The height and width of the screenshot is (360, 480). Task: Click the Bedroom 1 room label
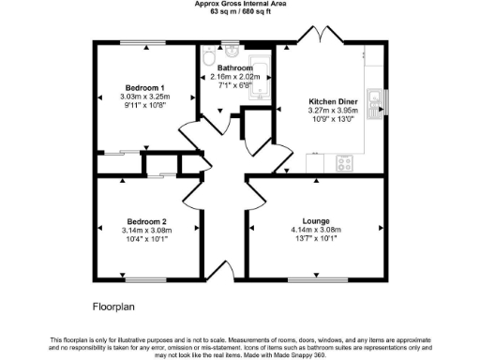pyautogui.click(x=142, y=86)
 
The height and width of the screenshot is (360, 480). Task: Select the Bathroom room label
pyautogui.click(x=234, y=68)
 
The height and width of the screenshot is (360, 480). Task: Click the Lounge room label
pyautogui.click(x=314, y=219)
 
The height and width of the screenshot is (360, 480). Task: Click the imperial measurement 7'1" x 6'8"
pyautogui.click(x=234, y=86)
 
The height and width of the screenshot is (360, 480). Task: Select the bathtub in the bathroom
pyautogui.click(x=261, y=77)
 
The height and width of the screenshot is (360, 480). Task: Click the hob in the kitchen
pyautogui.click(x=344, y=162)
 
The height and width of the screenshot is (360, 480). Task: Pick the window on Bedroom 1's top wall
pyautogui.click(x=142, y=42)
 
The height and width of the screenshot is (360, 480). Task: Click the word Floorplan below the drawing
pyautogui.click(x=116, y=307)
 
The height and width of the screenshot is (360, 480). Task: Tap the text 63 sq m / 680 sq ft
pyautogui.click(x=240, y=15)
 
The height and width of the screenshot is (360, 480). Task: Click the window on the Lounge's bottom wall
pyautogui.click(x=314, y=279)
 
